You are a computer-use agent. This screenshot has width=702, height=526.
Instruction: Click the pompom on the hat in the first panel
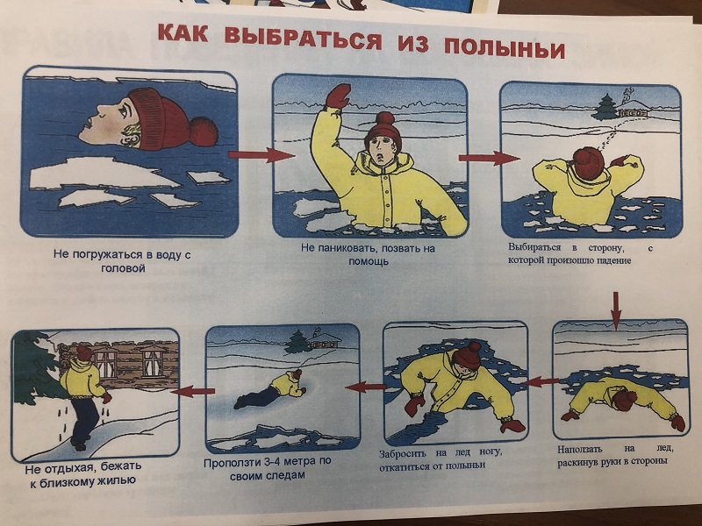(204, 131)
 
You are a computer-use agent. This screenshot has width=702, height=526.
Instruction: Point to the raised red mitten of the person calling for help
(338, 96)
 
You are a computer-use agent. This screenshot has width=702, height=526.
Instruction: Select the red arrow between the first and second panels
(261, 155)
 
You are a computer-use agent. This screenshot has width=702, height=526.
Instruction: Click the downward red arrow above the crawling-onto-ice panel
(616, 310)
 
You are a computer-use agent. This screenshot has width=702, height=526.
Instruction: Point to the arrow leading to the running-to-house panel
(193, 392)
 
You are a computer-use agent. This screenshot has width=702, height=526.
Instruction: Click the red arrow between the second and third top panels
(489, 158)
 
